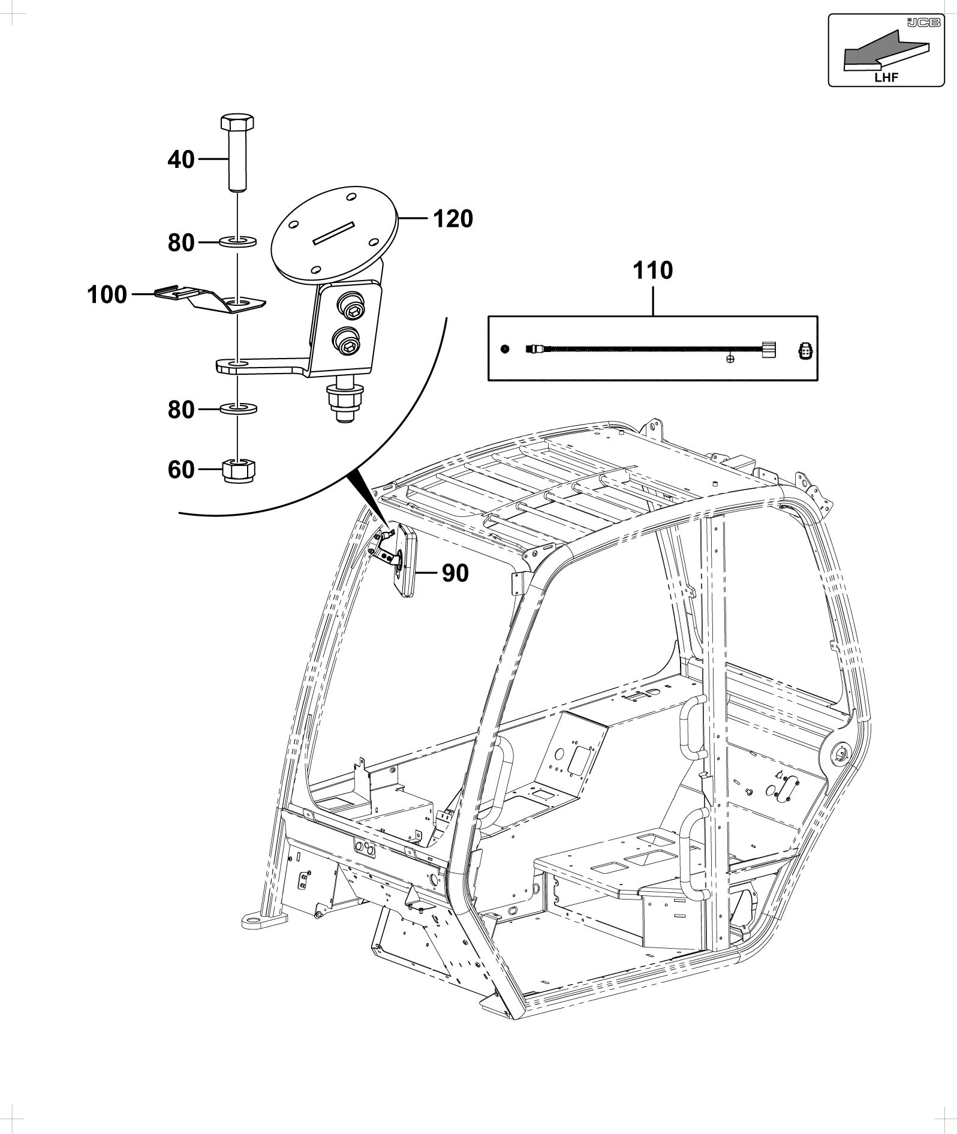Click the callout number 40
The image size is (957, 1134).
tap(181, 160)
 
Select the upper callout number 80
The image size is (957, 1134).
tap(181, 243)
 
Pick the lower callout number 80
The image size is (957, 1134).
tap(181, 410)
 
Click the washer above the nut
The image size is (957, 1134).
tap(238, 409)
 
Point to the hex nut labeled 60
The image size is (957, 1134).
tap(239, 470)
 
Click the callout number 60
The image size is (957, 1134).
tap(181, 470)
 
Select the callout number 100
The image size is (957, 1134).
tap(107, 295)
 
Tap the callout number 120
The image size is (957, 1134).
tap(453, 219)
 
